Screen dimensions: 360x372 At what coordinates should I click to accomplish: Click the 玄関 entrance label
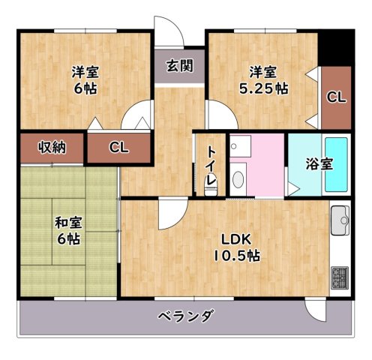point(180,65)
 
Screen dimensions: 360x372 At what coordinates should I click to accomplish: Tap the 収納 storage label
point(52,147)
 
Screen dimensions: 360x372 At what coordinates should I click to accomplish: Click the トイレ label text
point(211,169)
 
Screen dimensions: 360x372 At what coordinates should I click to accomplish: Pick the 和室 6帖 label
point(67,230)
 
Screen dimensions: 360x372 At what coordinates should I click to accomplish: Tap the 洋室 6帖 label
point(85,79)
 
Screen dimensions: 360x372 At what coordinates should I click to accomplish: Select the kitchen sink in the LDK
point(340,219)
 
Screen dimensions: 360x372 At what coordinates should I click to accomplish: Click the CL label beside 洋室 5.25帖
point(335,97)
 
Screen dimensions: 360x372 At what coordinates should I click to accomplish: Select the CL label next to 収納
point(119,147)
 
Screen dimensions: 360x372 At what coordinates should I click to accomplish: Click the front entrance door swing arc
point(169,30)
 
